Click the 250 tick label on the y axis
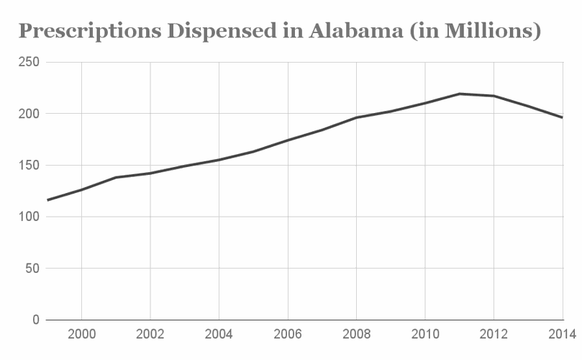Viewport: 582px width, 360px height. [28, 63]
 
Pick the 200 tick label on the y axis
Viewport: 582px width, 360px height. [28, 114]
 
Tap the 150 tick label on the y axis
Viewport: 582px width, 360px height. [28, 166]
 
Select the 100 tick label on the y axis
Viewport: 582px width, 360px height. [28, 217]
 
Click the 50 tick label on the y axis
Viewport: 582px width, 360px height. [32, 269]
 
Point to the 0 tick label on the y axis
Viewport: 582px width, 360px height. [35, 320]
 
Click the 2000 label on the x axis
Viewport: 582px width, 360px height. [81, 334]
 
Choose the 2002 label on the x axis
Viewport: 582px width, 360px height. [150, 334]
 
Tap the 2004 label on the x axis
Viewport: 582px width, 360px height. [219, 334]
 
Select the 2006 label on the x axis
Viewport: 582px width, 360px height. [287, 334]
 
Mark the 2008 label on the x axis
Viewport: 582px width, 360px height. [356, 334]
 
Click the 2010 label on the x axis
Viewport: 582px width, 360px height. [424, 334]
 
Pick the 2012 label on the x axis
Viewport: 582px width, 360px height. [494, 334]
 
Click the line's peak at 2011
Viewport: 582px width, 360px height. [459, 94]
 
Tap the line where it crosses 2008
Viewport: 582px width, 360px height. [356, 117]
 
